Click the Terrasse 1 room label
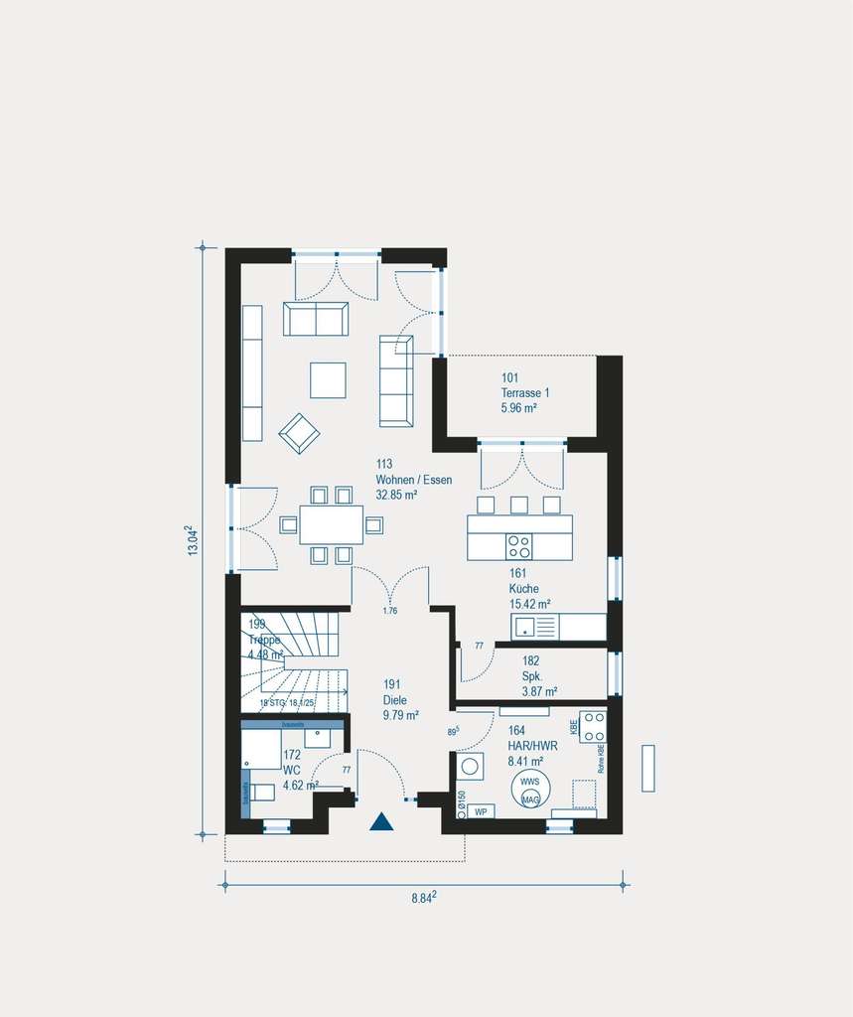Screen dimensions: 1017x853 point(525,393)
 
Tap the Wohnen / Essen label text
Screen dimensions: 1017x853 point(413,480)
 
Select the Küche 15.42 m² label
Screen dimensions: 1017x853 point(529,588)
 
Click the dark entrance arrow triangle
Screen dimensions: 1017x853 point(381,821)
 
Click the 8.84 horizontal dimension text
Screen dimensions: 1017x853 point(425,898)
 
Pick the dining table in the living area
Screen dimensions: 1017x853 point(331,524)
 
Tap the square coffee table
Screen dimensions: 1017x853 point(328,379)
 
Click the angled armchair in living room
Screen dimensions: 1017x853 point(299,433)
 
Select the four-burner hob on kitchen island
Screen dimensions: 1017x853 point(519,546)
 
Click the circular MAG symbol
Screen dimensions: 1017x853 point(530,799)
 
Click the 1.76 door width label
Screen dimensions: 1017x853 point(389,611)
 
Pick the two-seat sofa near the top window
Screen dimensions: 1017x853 point(316,319)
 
